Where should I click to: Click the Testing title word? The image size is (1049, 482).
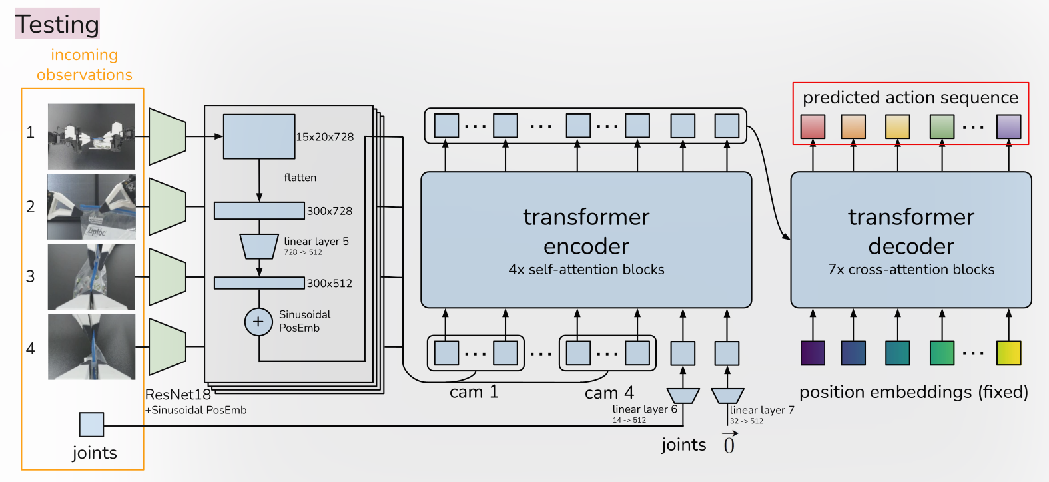tap(57, 24)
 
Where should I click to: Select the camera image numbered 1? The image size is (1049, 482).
tap(91, 136)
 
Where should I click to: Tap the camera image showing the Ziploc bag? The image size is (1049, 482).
tap(91, 206)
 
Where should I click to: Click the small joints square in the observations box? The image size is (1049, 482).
tap(91, 424)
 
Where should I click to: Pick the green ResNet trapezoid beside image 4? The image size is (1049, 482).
tap(167, 346)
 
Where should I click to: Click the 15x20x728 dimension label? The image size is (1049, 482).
tap(325, 137)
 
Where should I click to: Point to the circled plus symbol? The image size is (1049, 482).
tap(258, 322)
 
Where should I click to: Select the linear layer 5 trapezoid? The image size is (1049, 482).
tap(259, 246)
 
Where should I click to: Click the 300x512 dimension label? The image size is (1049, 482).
tap(330, 283)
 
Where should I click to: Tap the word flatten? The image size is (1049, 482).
tap(300, 178)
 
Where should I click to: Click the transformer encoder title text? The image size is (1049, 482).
tap(586, 231)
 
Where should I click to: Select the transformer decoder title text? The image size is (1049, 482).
tap(910, 231)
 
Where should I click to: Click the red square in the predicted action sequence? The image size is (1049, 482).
tap(813, 126)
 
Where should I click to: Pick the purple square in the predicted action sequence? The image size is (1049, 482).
tap(1008, 126)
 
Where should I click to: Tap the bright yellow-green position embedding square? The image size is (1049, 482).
tap(1008, 353)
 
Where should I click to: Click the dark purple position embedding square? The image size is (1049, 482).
tap(813, 353)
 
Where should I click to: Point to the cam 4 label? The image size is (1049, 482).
tap(609, 393)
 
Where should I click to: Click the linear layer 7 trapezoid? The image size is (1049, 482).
tap(727, 396)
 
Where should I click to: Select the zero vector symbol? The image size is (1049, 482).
tap(729, 443)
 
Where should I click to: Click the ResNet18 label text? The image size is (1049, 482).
tap(178, 395)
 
